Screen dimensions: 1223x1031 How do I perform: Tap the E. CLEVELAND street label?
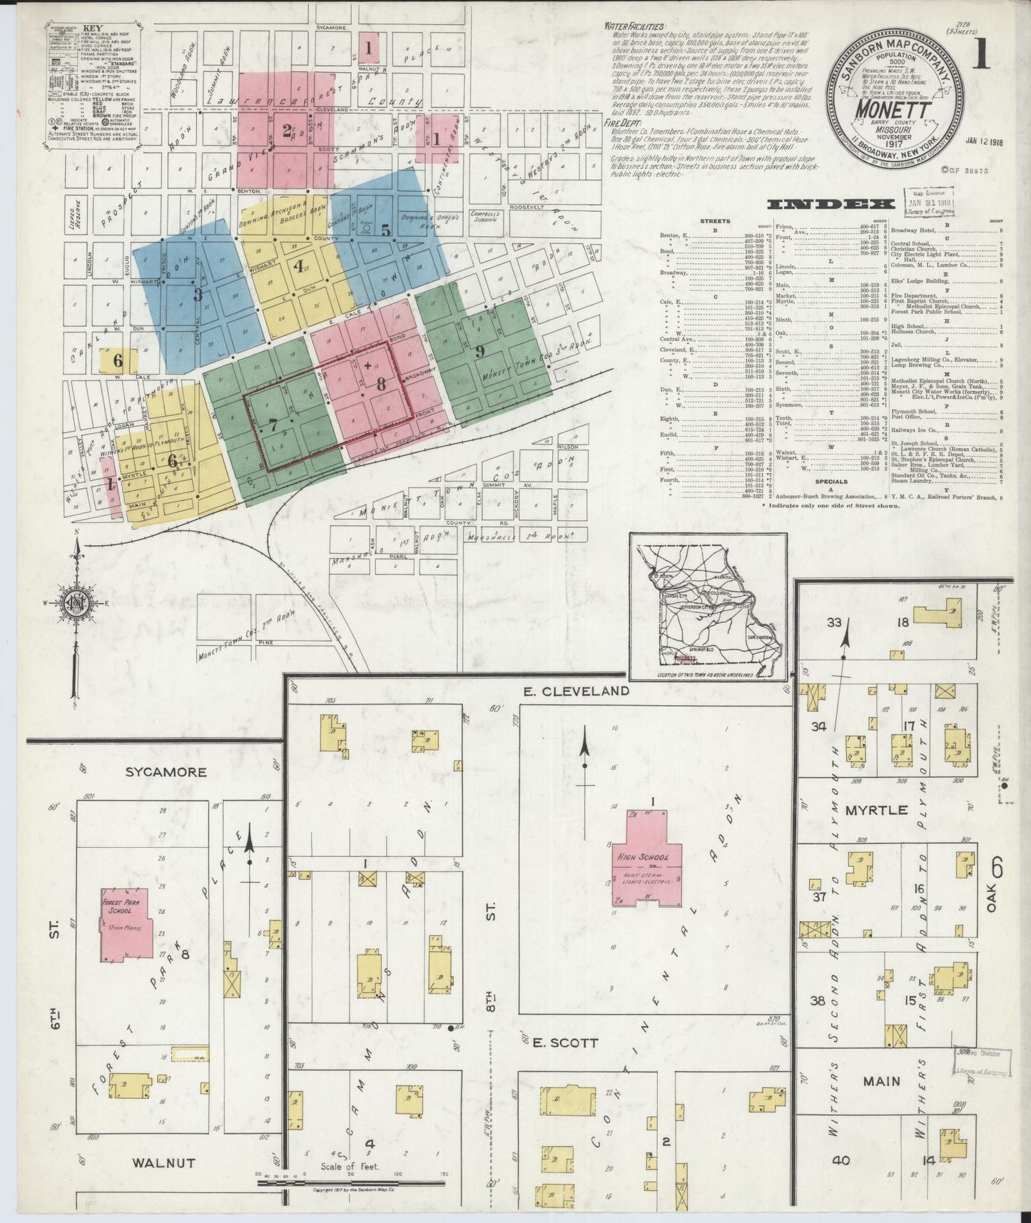click(x=575, y=691)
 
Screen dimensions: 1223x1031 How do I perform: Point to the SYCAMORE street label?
click(x=166, y=771)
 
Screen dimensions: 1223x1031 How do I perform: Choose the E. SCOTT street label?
click(x=565, y=1042)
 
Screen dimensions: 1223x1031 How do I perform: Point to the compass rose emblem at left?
click(x=74, y=604)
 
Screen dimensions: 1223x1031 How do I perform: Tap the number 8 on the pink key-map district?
click(x=381, y=383)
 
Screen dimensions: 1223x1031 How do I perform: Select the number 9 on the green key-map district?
click(x=479, y=351)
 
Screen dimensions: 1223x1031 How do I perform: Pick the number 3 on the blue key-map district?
click(x=198, y=294)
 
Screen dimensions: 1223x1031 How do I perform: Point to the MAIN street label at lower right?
click(x=881, y=1081)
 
